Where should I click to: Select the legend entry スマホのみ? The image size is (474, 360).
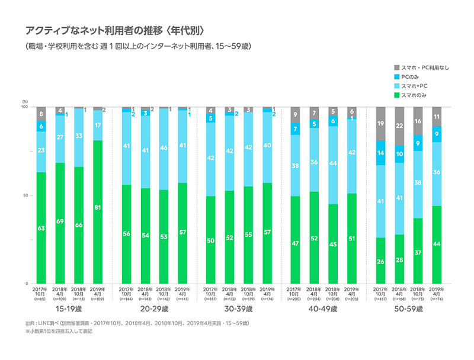[414, 95]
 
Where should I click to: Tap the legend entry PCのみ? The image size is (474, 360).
[412, 77]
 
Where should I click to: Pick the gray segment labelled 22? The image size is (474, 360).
[400, 126]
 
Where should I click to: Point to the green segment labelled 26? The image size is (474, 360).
[382, 261]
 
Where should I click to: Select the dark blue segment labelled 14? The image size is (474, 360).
[382, 153]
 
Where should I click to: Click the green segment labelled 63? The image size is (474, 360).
[41, 227]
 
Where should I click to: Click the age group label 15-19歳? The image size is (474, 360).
[70, 309]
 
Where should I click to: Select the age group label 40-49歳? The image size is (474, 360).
[322, 309]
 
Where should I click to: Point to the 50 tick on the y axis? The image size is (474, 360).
[24, 195]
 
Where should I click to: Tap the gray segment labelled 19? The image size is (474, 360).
[382, 124]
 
